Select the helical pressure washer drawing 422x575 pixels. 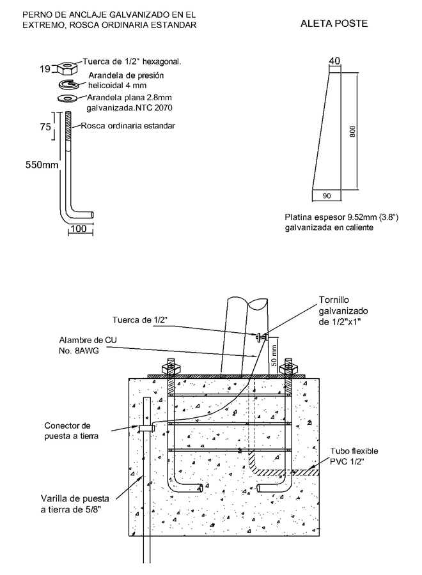[x=68, y=84]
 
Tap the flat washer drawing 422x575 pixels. [x=66, y=98]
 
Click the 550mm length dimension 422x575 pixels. [x=42, y=165]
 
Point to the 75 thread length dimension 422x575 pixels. [x=45, y=127]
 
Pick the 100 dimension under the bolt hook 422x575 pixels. [x=79, y=229]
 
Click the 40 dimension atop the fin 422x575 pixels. [x=334, y=61]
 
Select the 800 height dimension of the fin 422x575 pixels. [x=353, y=131]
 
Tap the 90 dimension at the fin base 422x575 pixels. [x=327, y=196]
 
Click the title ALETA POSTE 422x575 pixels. [x=334, y=24]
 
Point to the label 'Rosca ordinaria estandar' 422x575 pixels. [x=128, y=126]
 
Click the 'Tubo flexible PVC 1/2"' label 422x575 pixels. [x=354, y=456]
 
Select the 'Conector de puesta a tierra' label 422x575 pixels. [x=71, y=431]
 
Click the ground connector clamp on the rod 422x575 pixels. [x=146, y=428]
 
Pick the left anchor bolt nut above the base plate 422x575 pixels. [x=170, y=368]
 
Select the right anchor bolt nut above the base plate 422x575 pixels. [x=288, y=368]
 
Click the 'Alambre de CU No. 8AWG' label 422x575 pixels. [x=88, y=345]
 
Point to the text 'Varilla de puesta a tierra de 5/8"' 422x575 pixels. [x=75, y=504]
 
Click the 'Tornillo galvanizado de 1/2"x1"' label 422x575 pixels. [x=343, y=311]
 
